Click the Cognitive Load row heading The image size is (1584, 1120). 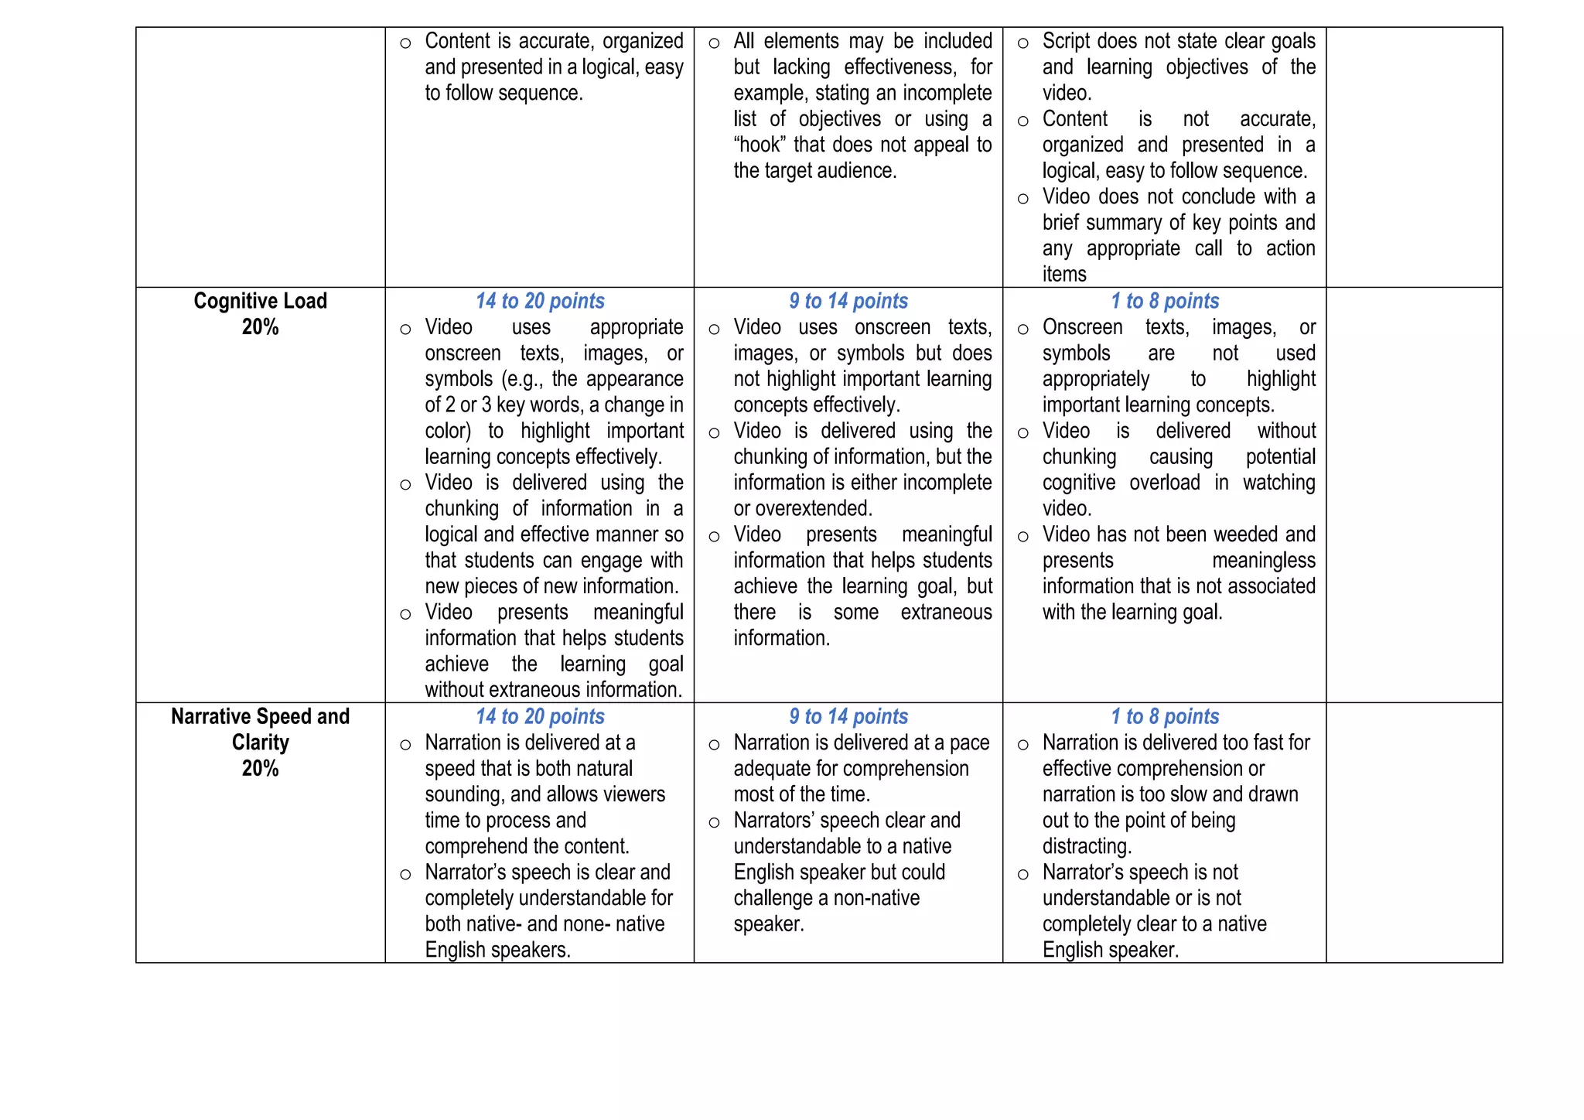point(260,301)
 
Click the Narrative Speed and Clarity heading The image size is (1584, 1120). point(260,716)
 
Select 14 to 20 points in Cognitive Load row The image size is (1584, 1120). point(540,301)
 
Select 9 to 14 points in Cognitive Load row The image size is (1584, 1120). point(848,301)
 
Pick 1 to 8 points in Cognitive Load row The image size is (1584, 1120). point(1165,301)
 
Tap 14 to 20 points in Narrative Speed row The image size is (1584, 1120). point(540,716)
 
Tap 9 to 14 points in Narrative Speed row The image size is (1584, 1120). point(848,716)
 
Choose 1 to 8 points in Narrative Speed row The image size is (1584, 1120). point(1165,716)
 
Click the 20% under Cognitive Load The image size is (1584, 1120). point(260,327)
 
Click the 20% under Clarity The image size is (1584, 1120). point(260,769)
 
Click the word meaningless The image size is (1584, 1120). point(1263,561)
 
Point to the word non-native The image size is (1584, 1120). point(875,898)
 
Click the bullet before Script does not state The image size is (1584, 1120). point(1022,43)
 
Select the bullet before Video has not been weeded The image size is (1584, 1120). point(1022,537)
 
